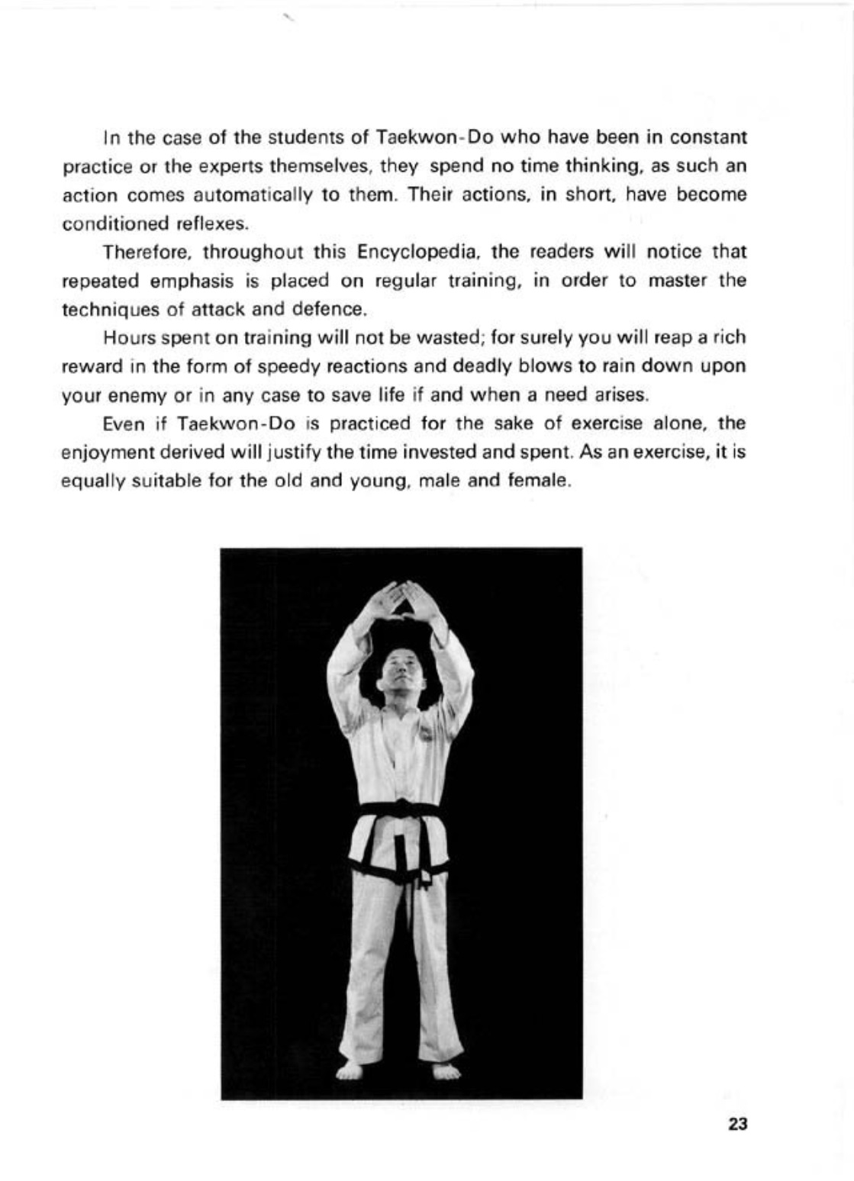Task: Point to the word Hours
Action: coord(126,337)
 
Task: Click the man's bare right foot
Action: coord(351,1070)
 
